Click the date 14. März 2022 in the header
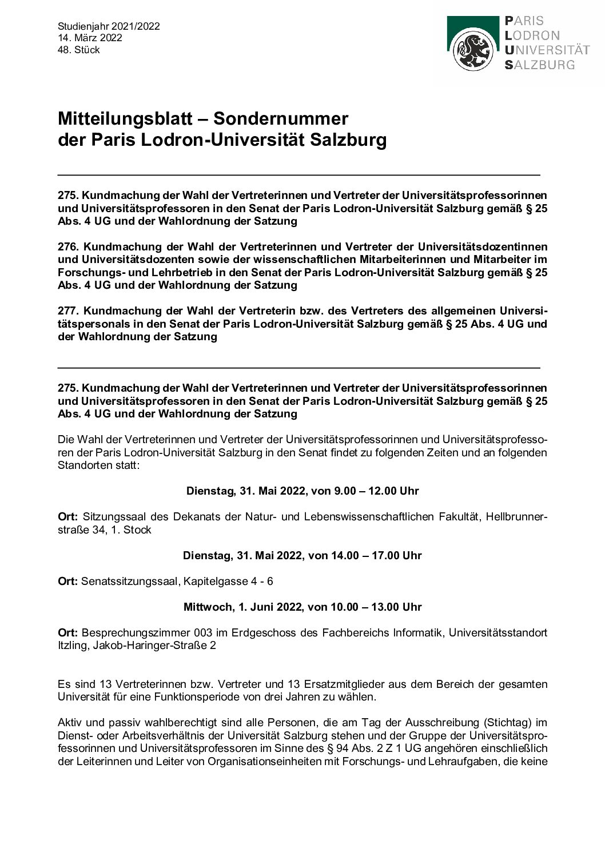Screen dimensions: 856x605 tap(90, 38)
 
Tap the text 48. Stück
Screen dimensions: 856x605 tap(79, 50)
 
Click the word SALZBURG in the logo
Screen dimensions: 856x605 tap(539, 65)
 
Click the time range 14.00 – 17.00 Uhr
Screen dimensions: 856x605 tap(376, 556)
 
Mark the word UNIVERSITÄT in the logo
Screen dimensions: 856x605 tap(547, 50)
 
